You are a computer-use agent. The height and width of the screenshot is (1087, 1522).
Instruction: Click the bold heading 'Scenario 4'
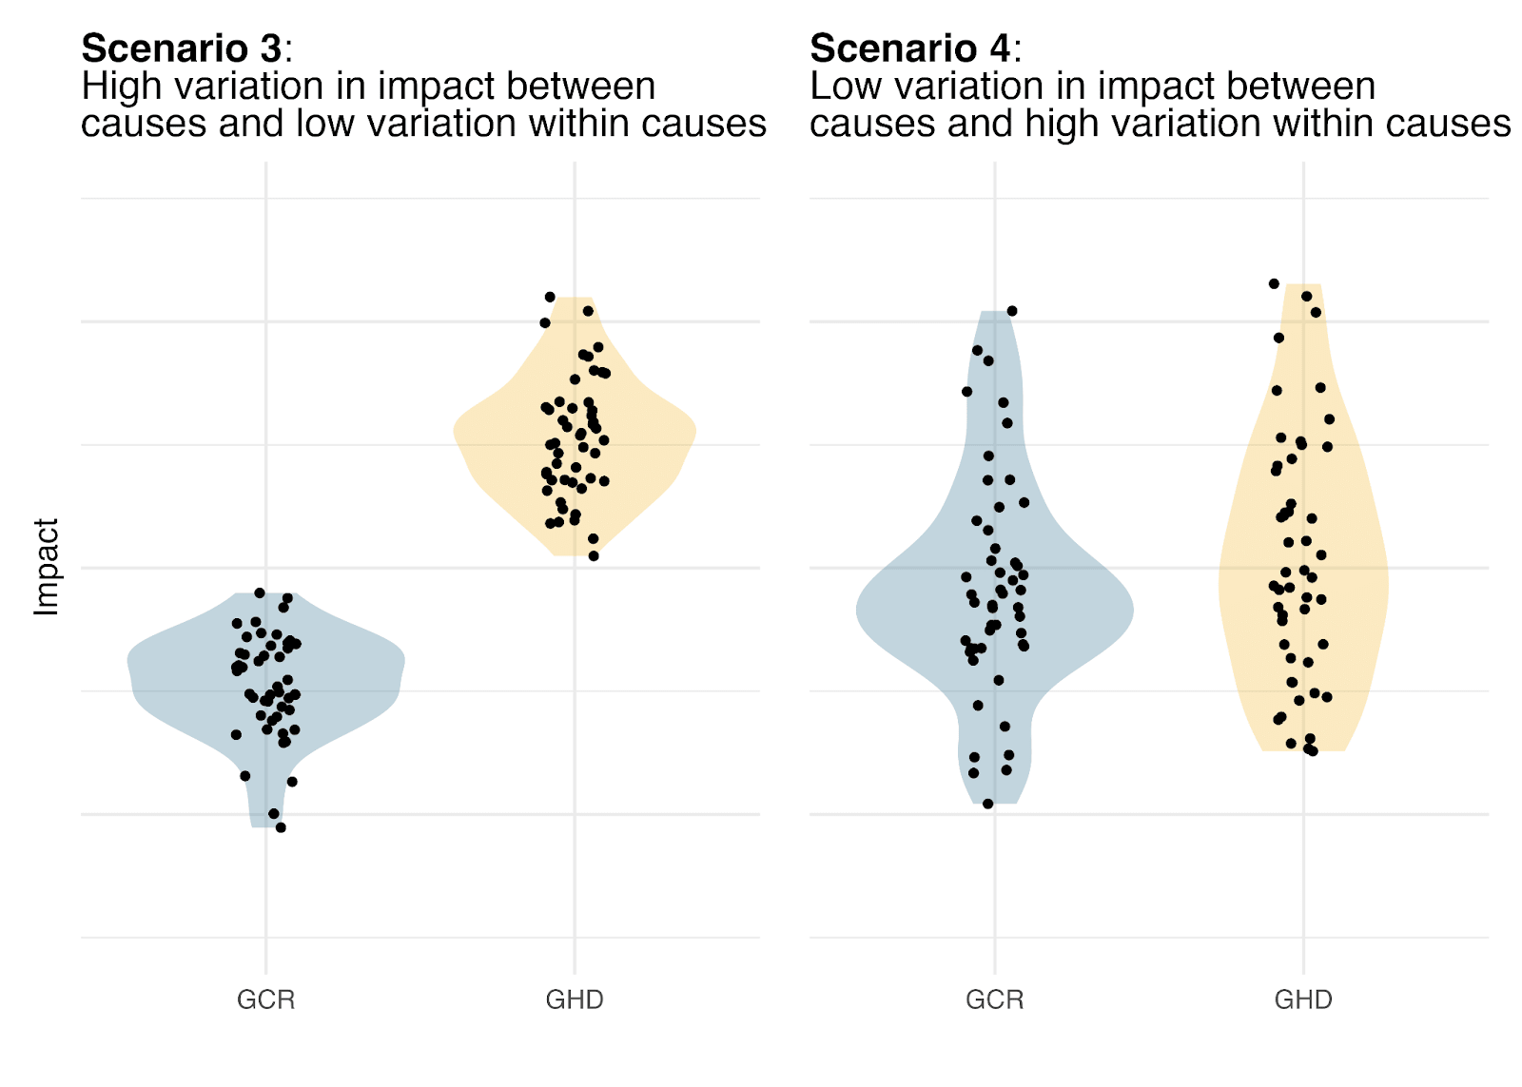tap(910, 48)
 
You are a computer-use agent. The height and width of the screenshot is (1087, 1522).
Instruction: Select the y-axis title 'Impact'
tap(47, 567)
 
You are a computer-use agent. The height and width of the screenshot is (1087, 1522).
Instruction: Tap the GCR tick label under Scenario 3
tap(265, 1000)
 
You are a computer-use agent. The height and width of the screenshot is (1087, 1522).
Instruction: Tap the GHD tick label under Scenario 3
tap(575, 1000)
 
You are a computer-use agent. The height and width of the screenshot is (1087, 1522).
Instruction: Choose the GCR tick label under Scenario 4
tap(994, 1000)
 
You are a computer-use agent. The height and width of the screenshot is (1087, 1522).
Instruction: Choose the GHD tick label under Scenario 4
tap(1303, 1000)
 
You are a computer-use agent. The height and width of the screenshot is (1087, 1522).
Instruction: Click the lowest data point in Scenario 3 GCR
tap(281, 827)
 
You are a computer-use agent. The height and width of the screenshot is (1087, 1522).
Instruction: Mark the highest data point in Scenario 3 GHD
tap(550, 297)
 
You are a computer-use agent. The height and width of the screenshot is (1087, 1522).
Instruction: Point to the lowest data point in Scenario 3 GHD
tap(594, 556)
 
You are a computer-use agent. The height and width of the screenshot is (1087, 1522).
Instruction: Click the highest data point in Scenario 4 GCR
tap(1012, 311)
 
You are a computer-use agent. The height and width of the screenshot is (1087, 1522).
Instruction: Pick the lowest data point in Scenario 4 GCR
tap(988, 804)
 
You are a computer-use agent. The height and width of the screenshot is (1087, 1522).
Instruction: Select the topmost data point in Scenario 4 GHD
tap(1274, 283)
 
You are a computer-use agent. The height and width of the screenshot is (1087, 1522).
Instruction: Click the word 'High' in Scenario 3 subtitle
tap(116, 87)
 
